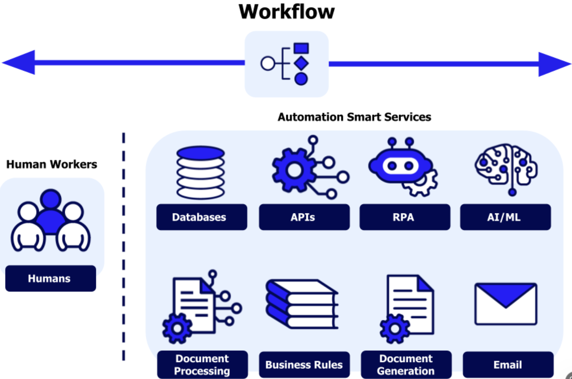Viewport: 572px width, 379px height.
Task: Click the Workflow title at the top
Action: pos(286,12)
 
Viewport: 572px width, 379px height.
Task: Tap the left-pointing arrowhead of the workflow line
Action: pos(20,62)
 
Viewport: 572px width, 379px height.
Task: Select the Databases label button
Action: pos(202,217)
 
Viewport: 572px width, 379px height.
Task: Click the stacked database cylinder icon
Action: pos(200,172)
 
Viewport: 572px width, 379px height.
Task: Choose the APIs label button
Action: pos(304,217)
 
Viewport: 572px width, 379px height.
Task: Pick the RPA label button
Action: pos(405,217)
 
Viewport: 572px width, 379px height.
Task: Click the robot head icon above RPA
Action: pos(400,166)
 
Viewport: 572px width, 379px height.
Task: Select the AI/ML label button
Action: pos(505,217)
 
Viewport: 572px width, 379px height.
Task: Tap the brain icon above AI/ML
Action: pos(506,167)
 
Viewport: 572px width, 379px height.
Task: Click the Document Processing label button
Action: pos(202,364)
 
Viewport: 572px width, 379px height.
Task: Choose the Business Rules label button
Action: pos(304,365)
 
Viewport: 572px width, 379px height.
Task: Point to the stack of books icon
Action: pos(302,304)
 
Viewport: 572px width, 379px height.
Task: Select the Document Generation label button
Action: pos(406,364)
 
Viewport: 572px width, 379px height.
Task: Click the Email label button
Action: pos(508,365)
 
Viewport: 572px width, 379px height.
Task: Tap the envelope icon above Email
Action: pos(506,304)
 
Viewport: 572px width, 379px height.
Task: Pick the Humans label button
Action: pos(50,279)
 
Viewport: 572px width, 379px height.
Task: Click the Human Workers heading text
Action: pos(51,164)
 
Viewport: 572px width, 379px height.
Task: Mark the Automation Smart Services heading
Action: pos(354,117)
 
